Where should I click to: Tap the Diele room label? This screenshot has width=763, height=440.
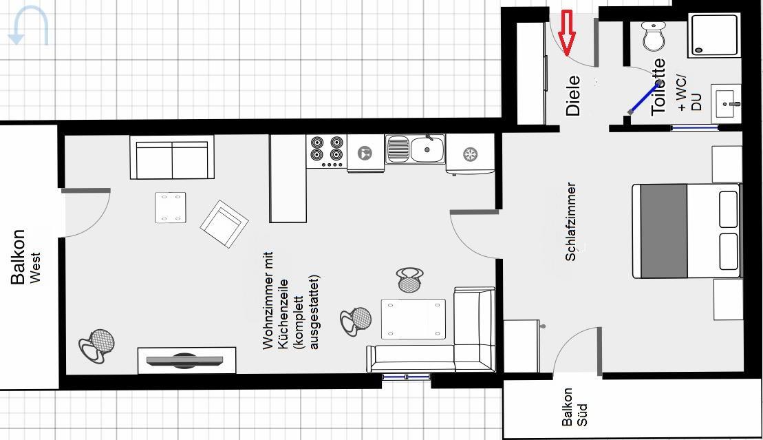572,96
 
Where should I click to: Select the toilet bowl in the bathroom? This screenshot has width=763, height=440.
653,36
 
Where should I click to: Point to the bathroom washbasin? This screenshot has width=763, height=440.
726,103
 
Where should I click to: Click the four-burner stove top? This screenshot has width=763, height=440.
327,151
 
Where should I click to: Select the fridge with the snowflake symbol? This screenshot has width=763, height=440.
470,154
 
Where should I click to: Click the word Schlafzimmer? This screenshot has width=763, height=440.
571,222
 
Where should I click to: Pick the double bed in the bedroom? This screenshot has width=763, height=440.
686,231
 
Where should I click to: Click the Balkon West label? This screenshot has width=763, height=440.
25,257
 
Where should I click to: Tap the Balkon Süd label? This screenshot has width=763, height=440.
574,408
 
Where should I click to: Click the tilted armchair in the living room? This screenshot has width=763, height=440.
224,224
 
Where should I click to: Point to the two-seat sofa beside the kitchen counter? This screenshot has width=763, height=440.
172,158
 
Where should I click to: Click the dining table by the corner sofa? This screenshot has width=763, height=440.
413,319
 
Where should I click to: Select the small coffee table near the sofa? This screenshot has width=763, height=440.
171,207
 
